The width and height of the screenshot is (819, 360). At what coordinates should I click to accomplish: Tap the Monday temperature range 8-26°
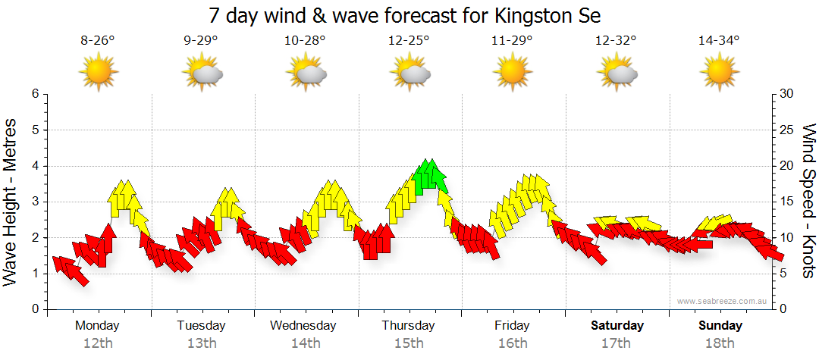click(98, 41)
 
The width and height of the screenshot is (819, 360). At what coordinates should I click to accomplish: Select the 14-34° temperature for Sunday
click(718, 41)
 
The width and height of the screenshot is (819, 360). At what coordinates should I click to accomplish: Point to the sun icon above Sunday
click(718, 73)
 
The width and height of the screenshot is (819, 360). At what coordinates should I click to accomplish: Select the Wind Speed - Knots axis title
click(808, 201)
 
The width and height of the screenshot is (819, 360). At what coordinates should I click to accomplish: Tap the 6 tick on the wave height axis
click(34, 94)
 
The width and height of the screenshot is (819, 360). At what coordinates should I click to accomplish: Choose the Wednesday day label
click(303, 326)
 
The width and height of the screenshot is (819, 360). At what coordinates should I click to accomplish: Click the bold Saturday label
click(617, 326)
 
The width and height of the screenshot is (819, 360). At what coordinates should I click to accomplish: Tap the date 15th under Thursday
click(409, 343)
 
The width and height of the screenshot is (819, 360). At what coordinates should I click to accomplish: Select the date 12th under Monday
click(98, 343)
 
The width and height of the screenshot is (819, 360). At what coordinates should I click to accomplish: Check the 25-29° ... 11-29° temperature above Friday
click(512, 41)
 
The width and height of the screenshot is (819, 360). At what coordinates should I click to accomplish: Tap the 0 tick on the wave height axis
click(34, 309)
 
